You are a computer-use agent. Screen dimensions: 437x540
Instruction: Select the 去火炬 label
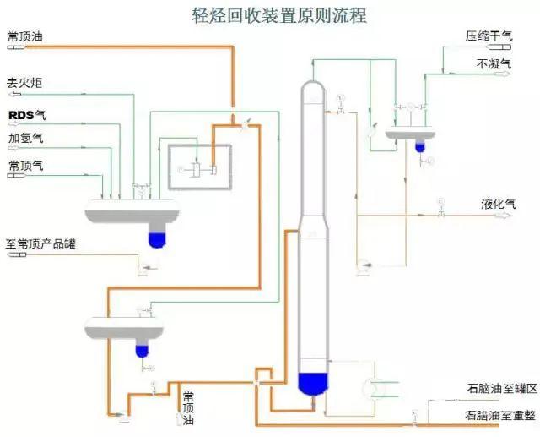click(x=24, y=83)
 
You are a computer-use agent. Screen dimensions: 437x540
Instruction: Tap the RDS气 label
click(x=26, y=114)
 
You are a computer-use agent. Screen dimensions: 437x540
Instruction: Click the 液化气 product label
click(x=498, y=204)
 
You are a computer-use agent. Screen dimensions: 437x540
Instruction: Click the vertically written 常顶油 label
click(x=188, y=407)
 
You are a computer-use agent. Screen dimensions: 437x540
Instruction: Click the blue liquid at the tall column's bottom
click(x=314, y=383)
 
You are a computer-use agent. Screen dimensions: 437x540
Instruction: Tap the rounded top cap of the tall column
click(x=311, y=88)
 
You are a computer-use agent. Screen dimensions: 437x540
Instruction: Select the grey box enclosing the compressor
click(x=202, y=168)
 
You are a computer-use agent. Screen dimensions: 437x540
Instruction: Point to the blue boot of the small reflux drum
click(x=419, y=146)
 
